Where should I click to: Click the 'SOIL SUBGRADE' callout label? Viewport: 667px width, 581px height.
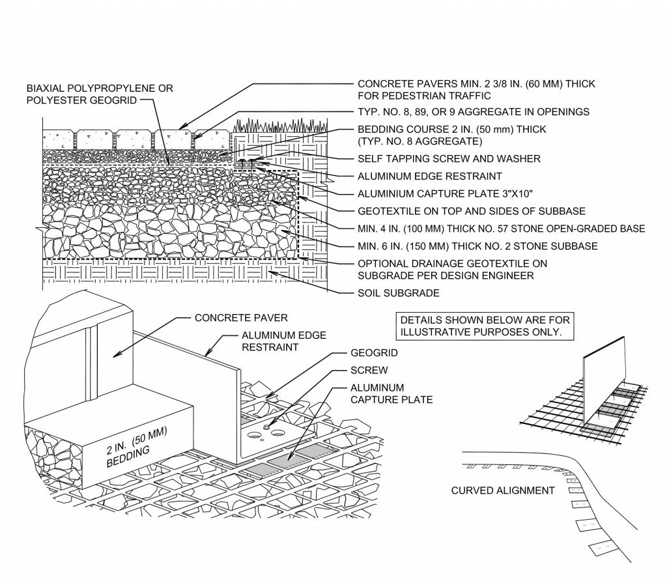(398, 293)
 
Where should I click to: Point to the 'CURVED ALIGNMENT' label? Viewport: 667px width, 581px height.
(503, 490)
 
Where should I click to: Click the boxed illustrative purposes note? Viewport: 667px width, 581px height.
(485, 326)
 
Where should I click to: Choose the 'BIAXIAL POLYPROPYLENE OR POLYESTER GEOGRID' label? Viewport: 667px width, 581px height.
(100, 93)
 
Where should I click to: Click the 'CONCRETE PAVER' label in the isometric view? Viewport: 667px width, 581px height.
(241, 318)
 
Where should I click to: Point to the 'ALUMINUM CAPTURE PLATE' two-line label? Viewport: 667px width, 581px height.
(391, 393)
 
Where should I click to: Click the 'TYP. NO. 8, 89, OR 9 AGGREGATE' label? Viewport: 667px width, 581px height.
(474, 112)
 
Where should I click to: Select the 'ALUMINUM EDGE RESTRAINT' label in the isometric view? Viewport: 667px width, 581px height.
(284, 341)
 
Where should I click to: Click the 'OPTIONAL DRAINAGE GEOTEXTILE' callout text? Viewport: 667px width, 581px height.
(452, 270)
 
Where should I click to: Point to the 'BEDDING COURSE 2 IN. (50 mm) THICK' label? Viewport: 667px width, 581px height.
(452, 135)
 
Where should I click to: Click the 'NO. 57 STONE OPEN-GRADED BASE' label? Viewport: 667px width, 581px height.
(502, 229)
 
